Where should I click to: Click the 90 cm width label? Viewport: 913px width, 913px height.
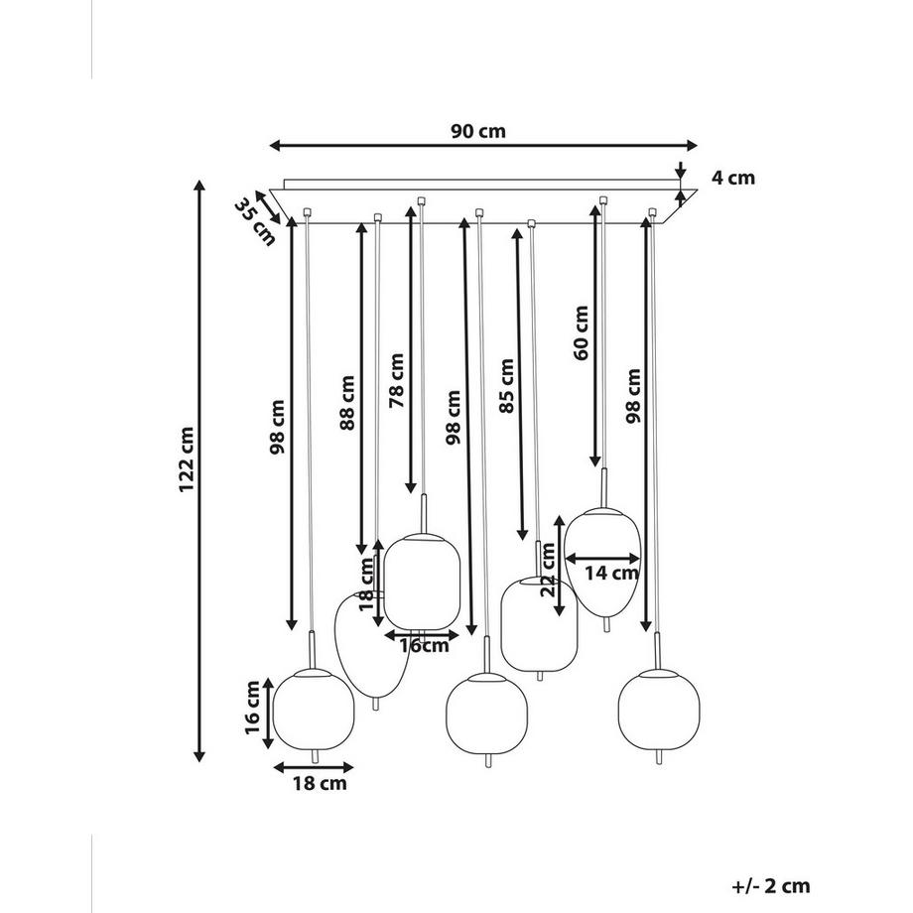click(x=478, y=131)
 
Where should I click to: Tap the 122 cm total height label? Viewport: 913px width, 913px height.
click(x=187, y=459)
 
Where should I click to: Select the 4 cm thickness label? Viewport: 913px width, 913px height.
click(x=733, y=178)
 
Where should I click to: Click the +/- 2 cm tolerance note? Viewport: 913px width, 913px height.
click(x=771, y=886)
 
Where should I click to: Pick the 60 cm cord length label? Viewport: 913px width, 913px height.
click(x=582, y=333)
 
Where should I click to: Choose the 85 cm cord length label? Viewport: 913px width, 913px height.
click(x=506, y=386)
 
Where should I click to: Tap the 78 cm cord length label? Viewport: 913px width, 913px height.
click(x=396, y=380)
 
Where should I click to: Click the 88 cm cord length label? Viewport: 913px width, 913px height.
click(x=347, y=403)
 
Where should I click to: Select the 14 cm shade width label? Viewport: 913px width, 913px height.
click(x=611, y=573)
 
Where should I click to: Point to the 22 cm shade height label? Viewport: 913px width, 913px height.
click(x=548, y=570)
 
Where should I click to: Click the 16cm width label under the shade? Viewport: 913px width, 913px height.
click(x=424, y=646)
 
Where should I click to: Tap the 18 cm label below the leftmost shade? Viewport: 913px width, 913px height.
click(x=320, y=783)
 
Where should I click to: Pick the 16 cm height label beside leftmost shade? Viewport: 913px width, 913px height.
click(x=252, y=708)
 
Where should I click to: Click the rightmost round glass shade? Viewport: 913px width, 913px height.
click(x=659, y=710)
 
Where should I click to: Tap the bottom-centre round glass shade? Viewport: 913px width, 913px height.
click(x=487, y=714)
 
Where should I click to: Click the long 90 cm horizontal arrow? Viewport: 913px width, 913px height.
click(x=483, y=146)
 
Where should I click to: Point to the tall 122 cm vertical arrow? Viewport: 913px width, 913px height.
click(x=199, y=471)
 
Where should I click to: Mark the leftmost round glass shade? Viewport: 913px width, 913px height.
click(x=314, y=709)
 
